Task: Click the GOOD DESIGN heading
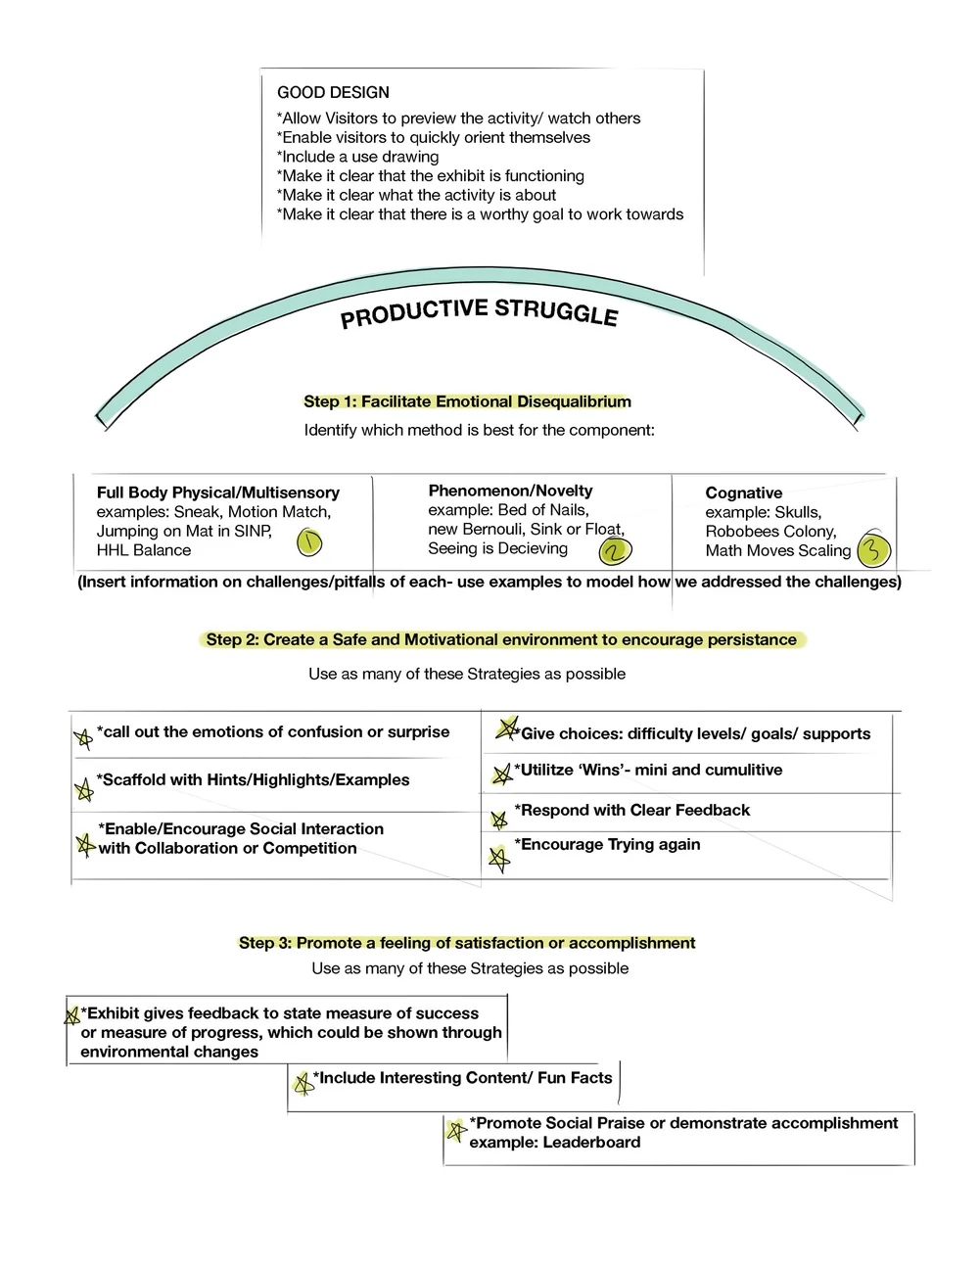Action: [333, 93]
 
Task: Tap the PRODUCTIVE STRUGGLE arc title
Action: [479, 313]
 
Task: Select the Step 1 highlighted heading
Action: [467, 401]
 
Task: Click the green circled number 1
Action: [309, 541]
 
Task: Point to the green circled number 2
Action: [615, 551]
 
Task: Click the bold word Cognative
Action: [743, 493]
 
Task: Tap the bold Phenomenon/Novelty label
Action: [510, 491]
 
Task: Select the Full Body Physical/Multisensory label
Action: [217, 493]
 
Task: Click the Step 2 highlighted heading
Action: [501, 640]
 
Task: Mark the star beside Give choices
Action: [506, 728]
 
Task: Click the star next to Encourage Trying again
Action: [499, 860]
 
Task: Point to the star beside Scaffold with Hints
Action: [84, 788]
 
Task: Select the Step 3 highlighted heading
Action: [467, 943]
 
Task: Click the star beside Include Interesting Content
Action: [303, 1083]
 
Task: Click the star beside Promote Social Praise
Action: [454, 1130]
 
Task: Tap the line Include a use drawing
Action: [358, 157]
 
